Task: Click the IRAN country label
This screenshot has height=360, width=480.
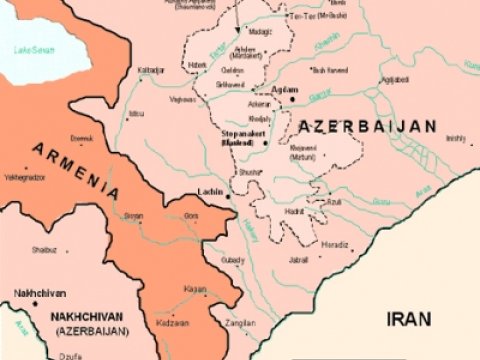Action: tap(410, 319)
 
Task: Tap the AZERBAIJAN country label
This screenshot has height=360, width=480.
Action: tap(366, 127)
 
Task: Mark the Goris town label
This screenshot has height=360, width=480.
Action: tap(190, 215)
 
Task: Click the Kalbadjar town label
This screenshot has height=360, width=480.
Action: tap(149, 69)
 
